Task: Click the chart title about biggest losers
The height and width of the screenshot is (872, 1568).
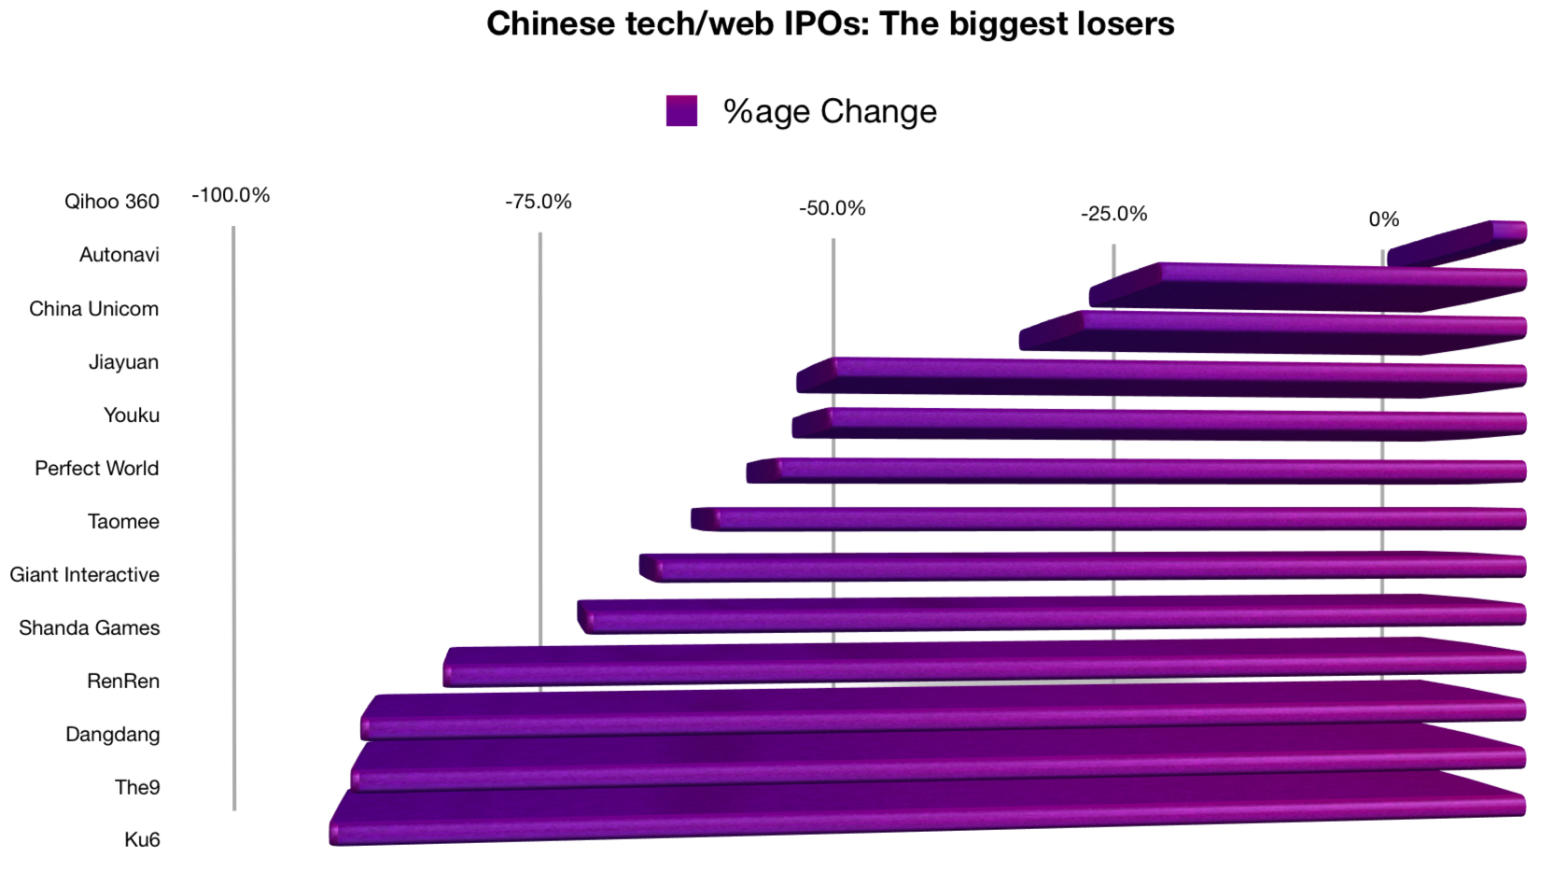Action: pyautogui.click(x=831, y=24)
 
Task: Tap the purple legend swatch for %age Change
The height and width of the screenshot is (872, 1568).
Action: pyautogui.click(x=681, y=111)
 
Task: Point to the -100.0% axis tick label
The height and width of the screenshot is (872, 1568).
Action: pyautogui.click(x=231, y=195)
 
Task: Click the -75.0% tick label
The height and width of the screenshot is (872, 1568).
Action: pyautogui.click(x=539, y=202)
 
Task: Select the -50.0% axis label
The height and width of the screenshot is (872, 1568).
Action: pyautogui.click(x=833, y=208)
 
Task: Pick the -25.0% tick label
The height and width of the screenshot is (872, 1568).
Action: pyautogui.click(x=1113, y=214)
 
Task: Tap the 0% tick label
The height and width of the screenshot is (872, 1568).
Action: pyautogui.click(x=1384, y=219)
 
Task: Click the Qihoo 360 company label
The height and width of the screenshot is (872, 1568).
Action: pyautogui.click(x=112, y=202)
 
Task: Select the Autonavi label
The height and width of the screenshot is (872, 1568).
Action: pyautogui.click(x=119, y=255)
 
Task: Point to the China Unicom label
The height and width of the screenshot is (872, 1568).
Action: pyautogui.click(x=93, y=309)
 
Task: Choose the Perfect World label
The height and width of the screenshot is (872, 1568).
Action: pyautogui.click(x=97, y=468)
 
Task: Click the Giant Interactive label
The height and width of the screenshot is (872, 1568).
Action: pyautogui.click(x=85, y=574)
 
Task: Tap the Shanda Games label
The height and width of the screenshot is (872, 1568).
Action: pyautogui.click(x=90, y=627)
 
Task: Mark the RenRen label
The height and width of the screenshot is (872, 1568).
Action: pyautogui.click(x=123, y=681)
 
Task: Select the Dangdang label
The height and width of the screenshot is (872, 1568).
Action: pyautogui.click(x=113, y=734)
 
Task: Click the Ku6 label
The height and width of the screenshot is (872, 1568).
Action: pyautogui.click(x=142, y=839)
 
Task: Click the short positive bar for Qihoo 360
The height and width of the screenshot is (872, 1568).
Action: pyautogui.click(x=1456, y=243)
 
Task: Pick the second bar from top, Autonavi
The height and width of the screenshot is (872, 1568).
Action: pyautogui.click(x=1308, y=286)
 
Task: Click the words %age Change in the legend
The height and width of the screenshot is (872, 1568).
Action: pyautogui.click(x=831, y=111)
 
